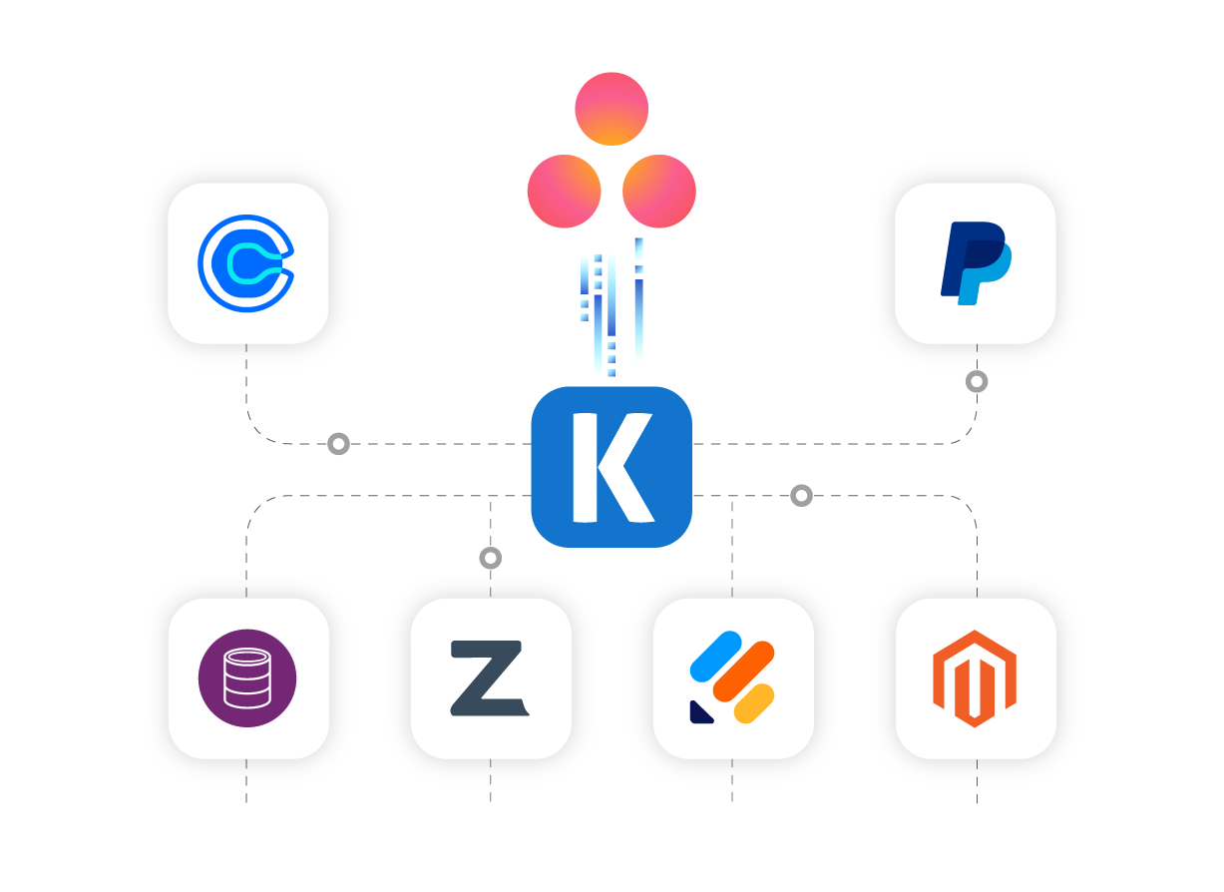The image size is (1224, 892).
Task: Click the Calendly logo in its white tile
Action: point(246,263)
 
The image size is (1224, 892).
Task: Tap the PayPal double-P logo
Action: point(976,263)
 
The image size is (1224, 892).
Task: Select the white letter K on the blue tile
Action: point(611,467)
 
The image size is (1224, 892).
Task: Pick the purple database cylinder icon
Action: point(247,678)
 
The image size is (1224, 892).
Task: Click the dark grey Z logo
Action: point(490,678)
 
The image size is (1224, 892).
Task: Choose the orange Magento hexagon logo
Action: point(975,678)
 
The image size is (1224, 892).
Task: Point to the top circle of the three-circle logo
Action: point(612,109)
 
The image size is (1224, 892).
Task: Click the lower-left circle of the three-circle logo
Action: point(564,192)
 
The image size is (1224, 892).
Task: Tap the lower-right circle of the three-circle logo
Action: point(659,192)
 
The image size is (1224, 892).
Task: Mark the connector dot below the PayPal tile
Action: point(977,381)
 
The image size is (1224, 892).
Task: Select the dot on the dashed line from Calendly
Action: point(338,443)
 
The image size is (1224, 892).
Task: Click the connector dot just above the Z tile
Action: point(490,558)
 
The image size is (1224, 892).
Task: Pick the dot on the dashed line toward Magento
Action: point(801,495)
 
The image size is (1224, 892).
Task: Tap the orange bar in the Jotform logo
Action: point(744,670)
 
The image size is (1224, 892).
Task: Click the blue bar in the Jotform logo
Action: point(716,655)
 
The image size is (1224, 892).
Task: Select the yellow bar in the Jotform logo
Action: point(754,703)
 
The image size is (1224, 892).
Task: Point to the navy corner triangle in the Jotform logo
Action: point(700,711)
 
